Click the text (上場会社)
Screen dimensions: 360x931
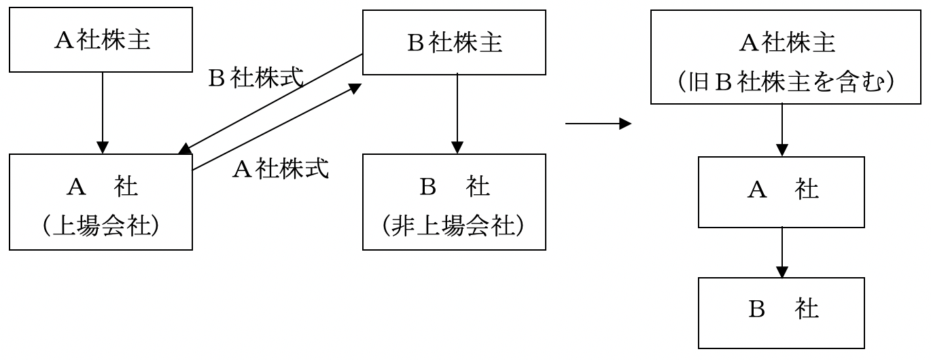pos(101,226)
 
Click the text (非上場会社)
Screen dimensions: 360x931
pos(454,226)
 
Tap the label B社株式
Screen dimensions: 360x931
pos(256,79)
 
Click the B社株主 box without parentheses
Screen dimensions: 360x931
pos(454,42)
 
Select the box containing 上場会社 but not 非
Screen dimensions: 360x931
pos(101,202)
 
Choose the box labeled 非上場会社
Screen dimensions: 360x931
pos(454,202)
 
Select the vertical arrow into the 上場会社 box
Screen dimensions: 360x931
pos(102,113)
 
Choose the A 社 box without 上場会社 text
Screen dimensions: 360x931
pos(781,192)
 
